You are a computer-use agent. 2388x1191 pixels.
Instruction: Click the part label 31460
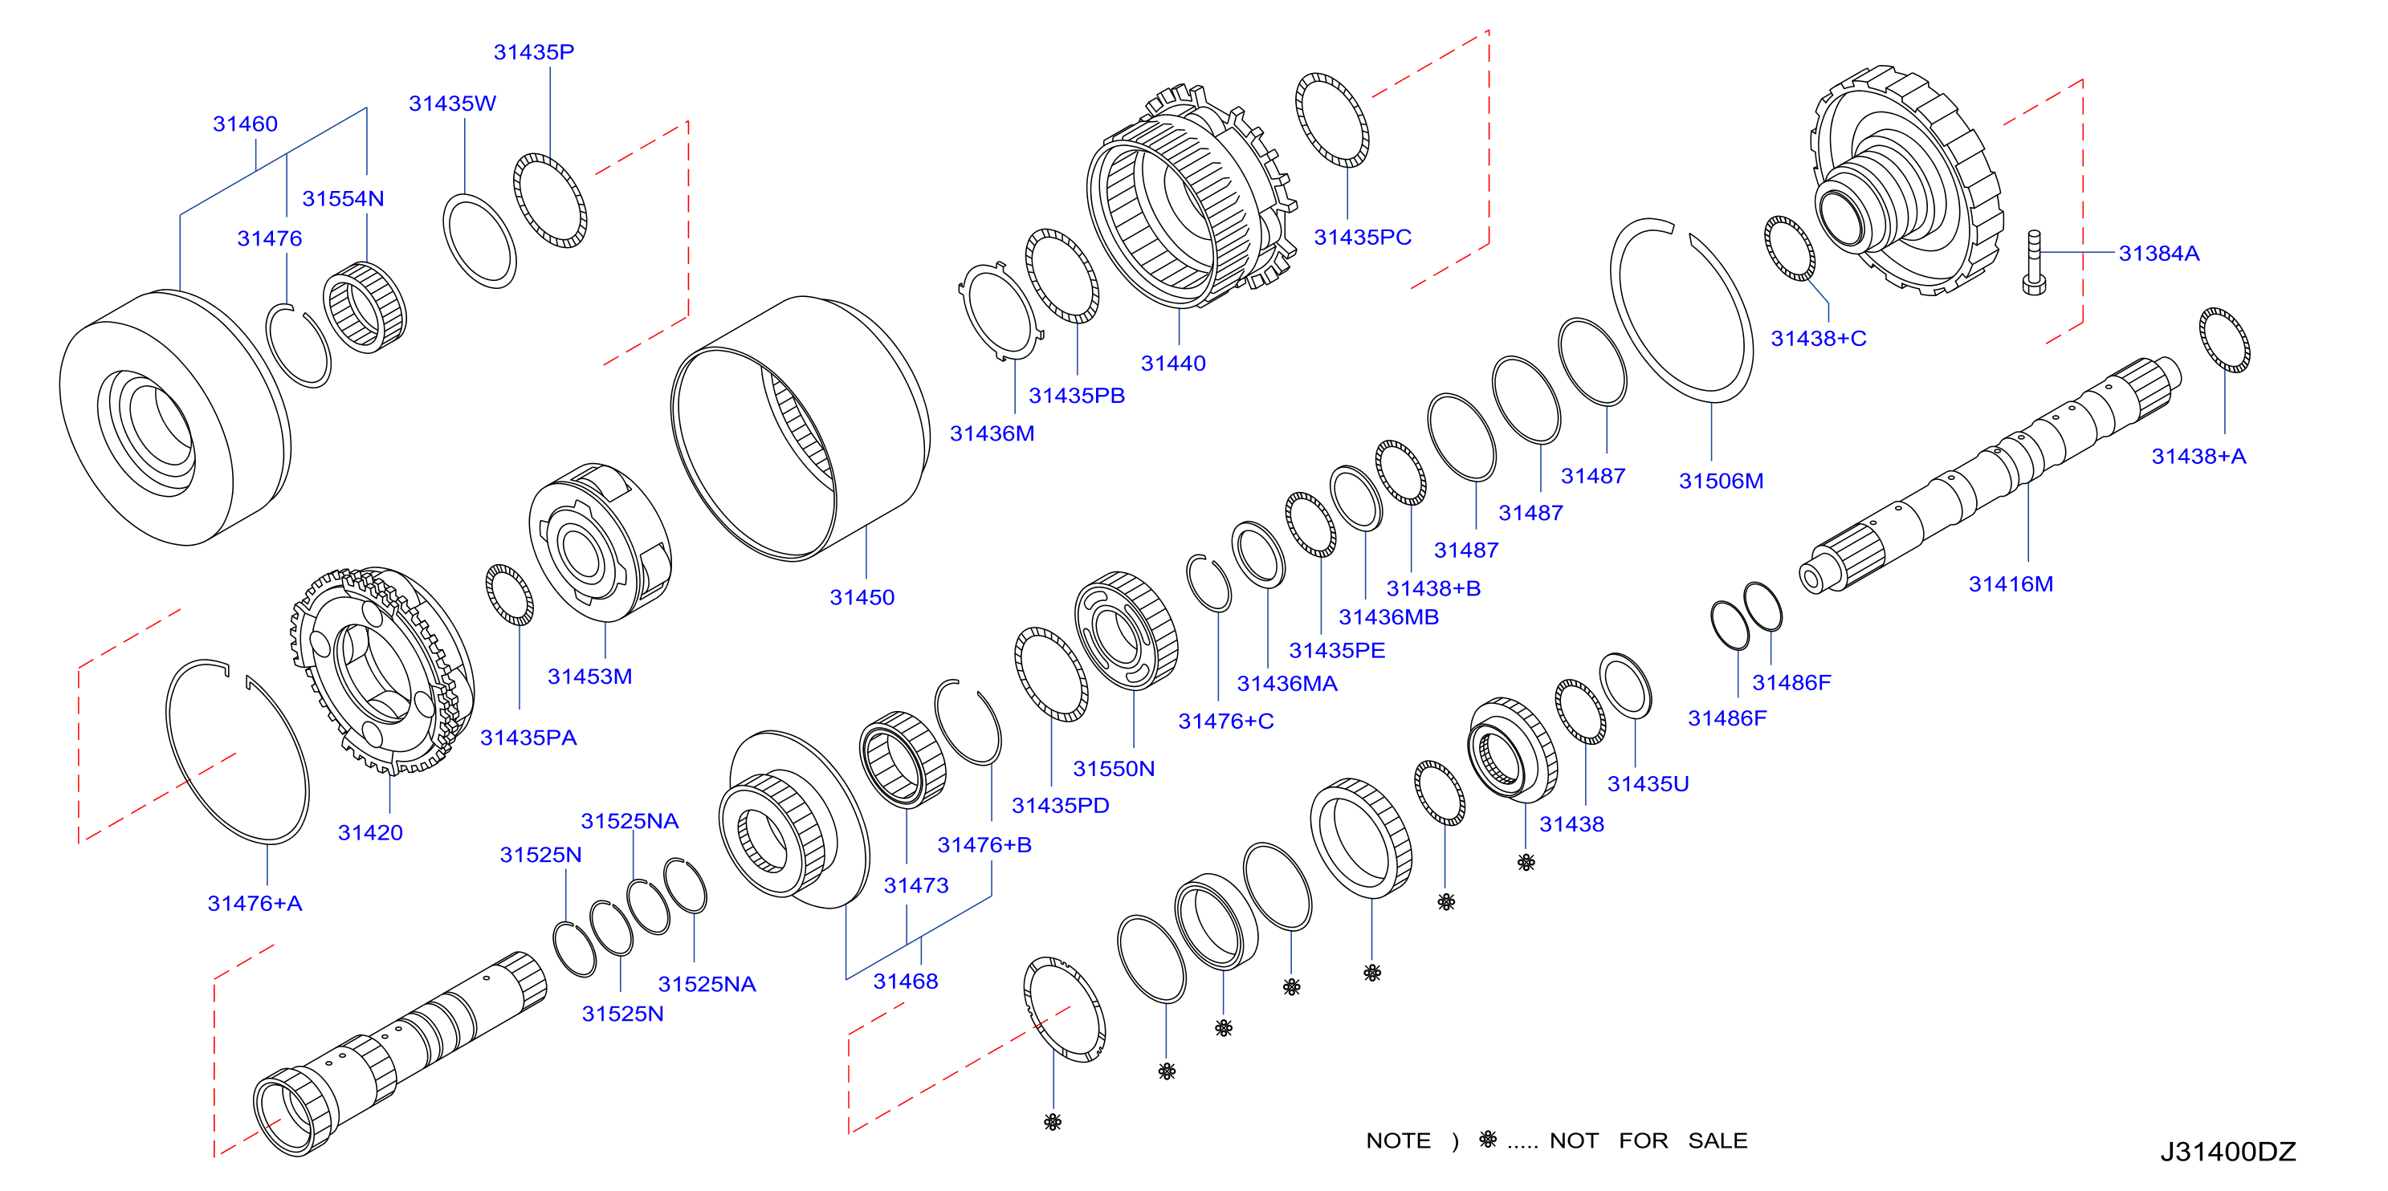coord(245,124)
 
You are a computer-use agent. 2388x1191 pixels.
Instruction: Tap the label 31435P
coord(533,52)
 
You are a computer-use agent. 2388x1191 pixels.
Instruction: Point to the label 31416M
coord(2011,584)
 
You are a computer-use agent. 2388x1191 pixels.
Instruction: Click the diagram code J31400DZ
coord(2227,1151)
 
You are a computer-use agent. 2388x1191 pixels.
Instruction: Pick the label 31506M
coord(1721,481)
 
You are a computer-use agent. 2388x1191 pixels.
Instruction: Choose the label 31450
coord(862,597)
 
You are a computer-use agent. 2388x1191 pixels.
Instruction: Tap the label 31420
coord(370,832)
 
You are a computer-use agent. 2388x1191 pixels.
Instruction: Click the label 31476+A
coord(255,903)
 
